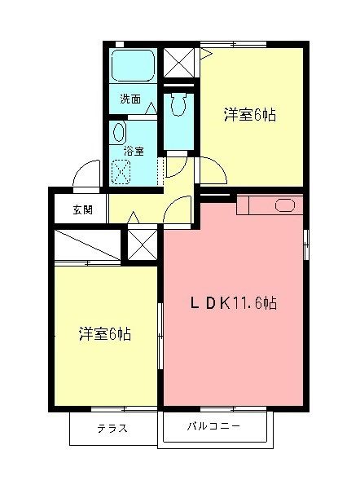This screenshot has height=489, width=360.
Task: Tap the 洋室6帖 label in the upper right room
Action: pos(249,115)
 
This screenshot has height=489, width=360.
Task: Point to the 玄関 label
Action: pos(82,209)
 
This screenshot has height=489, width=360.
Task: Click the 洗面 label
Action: pos(130,100)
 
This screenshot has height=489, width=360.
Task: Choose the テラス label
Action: pos(112,428)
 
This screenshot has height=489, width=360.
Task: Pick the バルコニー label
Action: pos(213,426)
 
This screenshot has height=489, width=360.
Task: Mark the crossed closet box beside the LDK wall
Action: pos(141,242)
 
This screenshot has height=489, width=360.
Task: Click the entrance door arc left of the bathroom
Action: pos(83,174)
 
